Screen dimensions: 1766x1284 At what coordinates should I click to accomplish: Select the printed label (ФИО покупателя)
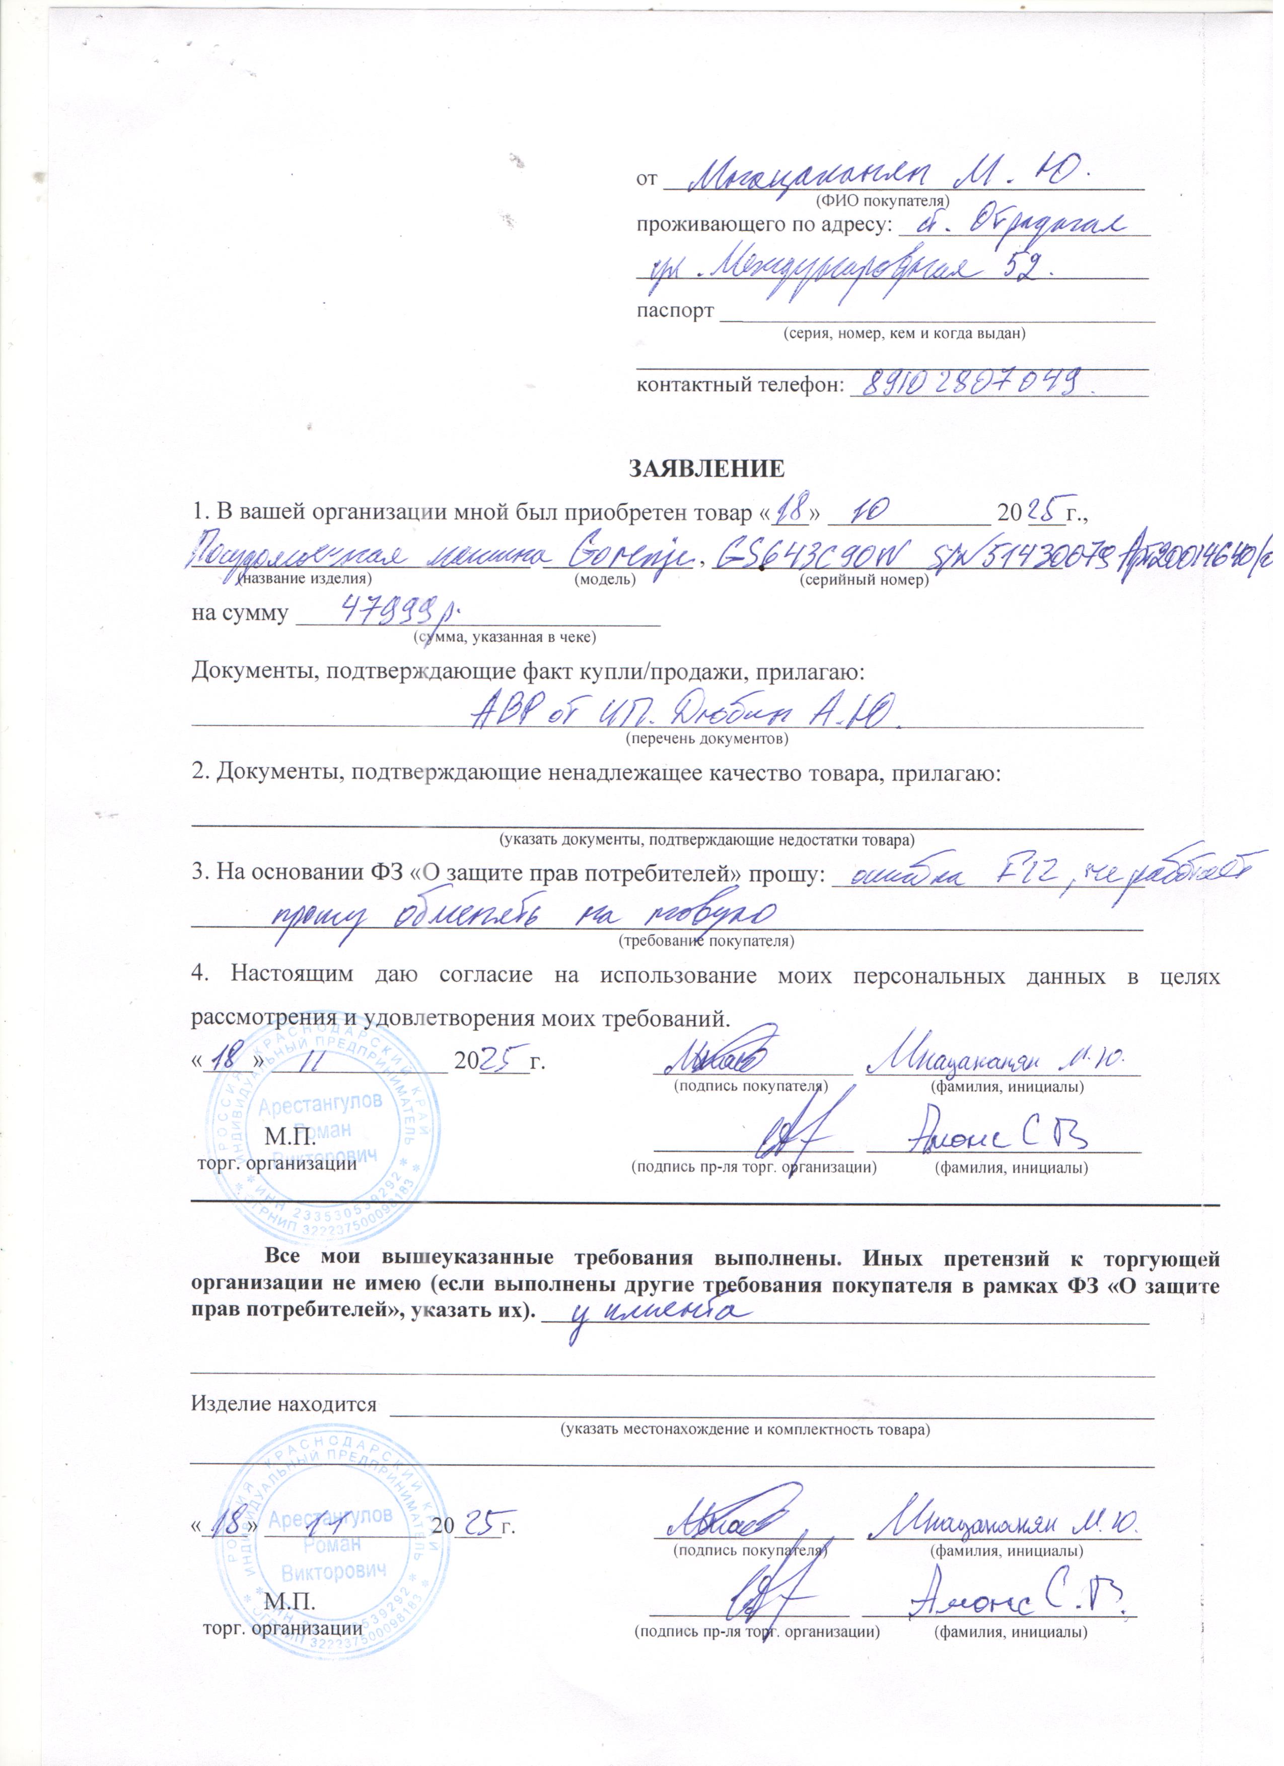coord(883,201)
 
